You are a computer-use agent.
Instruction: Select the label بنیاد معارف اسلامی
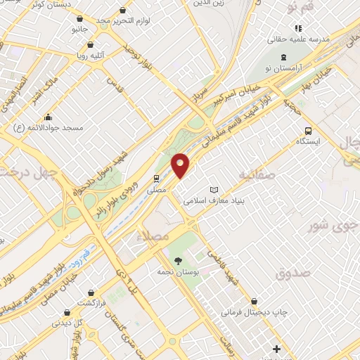pos(214,200)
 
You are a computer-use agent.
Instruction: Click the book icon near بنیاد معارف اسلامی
pos(214,190)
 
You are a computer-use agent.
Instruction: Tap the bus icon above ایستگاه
pos(308,131)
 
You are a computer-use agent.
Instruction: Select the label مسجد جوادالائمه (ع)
pos(49,127)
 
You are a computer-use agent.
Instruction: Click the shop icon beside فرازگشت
pos(91,292)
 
